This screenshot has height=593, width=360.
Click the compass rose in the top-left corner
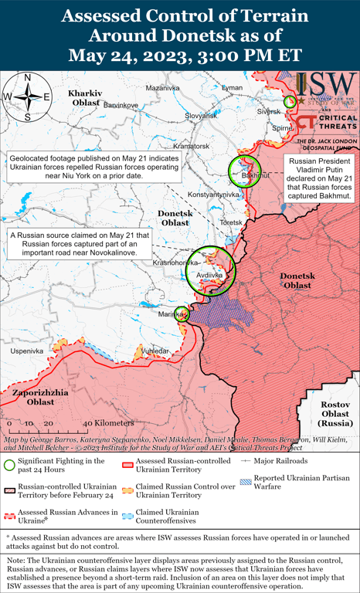[x=27, y=97]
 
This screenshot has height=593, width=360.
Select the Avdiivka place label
[x=210, y=275]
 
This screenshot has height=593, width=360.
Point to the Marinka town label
[x=169, y=314]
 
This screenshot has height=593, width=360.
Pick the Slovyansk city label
[x=201, y=115]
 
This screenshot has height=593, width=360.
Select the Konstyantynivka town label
[x=212, y=195]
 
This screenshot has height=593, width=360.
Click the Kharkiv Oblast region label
[x=84, y=97]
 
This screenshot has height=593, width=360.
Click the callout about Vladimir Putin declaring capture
[x=318, y=175]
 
